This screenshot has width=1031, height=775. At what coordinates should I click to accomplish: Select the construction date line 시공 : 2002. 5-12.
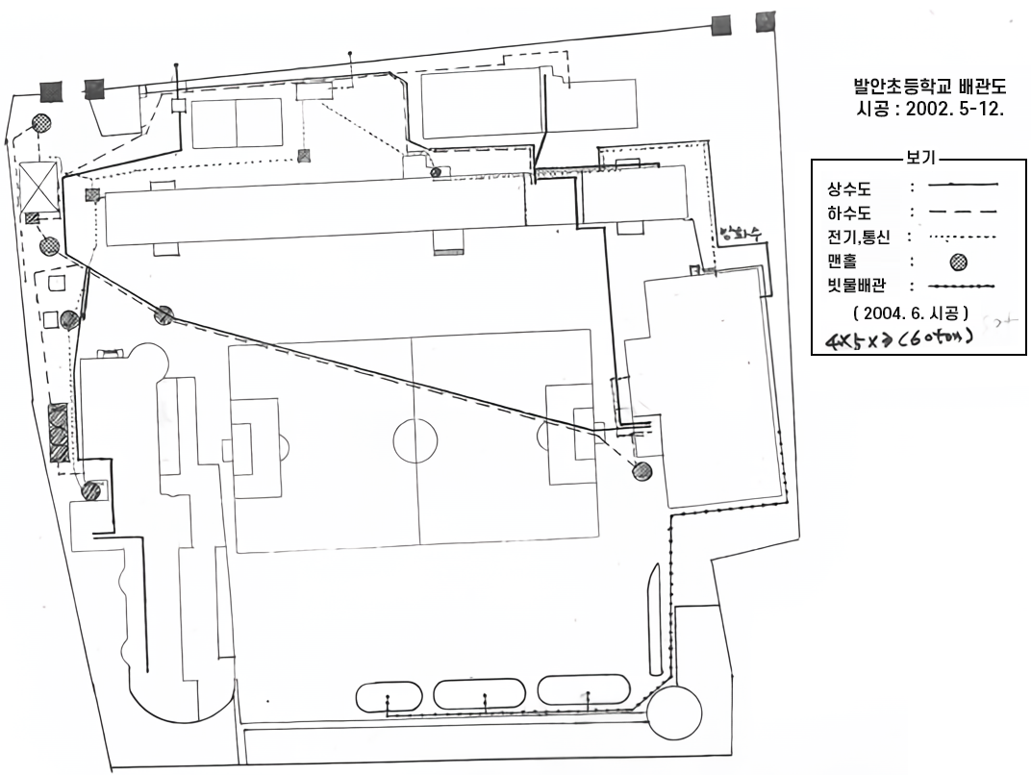[929, 110]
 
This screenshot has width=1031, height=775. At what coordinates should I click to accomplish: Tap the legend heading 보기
[920, 158]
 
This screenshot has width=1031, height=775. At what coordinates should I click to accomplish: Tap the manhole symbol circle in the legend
[959, 262]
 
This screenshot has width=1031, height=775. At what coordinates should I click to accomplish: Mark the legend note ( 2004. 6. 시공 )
[910, 312]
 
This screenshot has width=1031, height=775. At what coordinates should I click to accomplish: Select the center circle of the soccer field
[415, 441]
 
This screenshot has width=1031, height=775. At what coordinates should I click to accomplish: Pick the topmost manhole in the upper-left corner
[42, 123]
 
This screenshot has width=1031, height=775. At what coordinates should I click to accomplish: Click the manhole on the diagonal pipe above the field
[164, 314]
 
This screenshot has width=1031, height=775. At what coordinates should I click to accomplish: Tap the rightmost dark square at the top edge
[766, 23]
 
